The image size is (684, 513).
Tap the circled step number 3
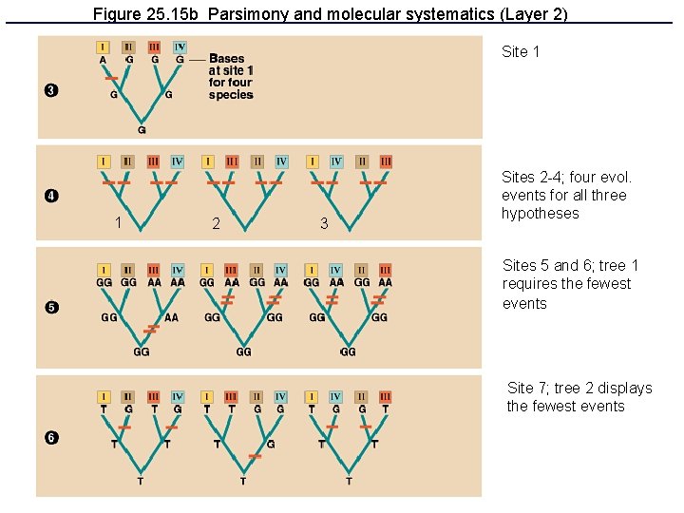51,90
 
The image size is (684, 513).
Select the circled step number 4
51,197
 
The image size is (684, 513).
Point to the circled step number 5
51,307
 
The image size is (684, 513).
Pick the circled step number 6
51,437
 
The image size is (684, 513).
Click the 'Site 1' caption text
521,52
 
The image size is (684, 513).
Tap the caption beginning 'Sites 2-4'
566,195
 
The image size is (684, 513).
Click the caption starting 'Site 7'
579,397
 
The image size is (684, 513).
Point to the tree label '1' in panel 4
117,223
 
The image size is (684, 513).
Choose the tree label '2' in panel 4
217,224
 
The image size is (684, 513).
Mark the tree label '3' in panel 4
324,224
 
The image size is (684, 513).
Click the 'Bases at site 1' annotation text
231,76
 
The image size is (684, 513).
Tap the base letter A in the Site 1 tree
103,60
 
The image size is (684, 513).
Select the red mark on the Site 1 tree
111,77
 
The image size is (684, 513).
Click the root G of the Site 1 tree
142,129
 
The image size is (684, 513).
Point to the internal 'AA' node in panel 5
170,318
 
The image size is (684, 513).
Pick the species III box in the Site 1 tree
154,47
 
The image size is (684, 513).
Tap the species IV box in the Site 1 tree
180,47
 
